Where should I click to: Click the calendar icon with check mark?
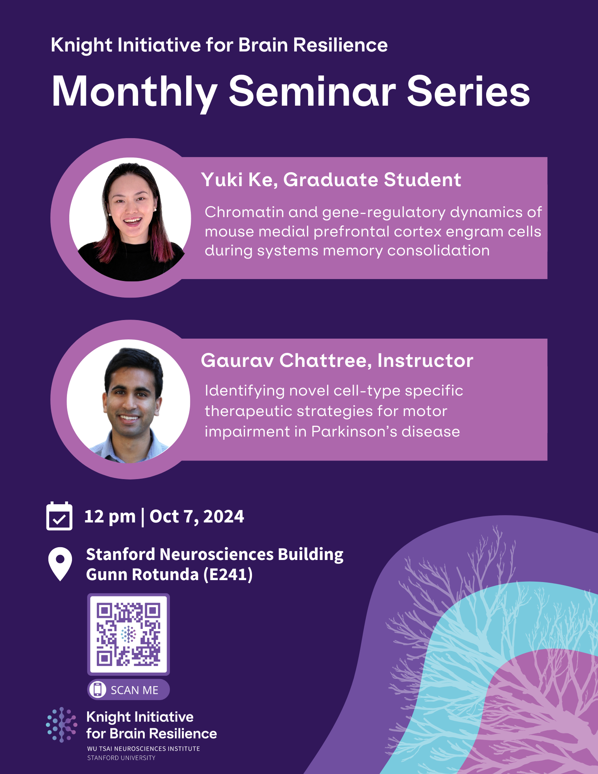(x=59, y=516)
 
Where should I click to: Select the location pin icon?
(x=60, y=563)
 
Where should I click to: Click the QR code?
(x=128, y=634)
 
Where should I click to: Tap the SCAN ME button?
(x=129, y=690)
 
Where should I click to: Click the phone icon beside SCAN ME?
(x=98, y=690)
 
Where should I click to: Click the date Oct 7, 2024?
(x=197, y=517)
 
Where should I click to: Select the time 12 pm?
(x=110, y=517)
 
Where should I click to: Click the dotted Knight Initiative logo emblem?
(x=62, y=724)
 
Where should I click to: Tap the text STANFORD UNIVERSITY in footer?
(x=121, y=758)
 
